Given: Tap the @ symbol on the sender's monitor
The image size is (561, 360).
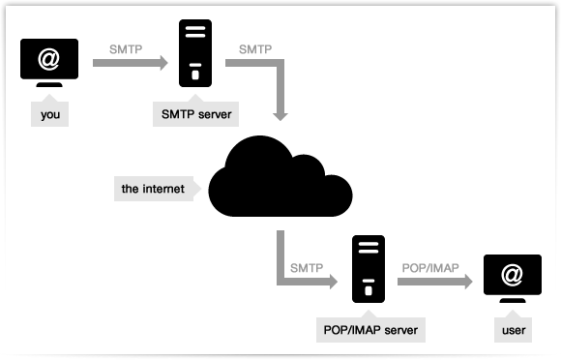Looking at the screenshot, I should tap(49, 60).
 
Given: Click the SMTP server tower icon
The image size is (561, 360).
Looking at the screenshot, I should tap(195, 54).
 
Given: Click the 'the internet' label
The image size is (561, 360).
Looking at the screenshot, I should tap(154, 187).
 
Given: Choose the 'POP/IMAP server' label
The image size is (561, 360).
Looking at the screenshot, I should tap(367, 330).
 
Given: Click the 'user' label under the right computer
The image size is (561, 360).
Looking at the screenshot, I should tap(513, 331).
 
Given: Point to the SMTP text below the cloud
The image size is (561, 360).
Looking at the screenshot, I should tap(307, 266).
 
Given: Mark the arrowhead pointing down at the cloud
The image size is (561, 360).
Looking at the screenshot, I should tap(280, 114).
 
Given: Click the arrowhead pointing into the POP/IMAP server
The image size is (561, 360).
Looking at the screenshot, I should tap(333, 282).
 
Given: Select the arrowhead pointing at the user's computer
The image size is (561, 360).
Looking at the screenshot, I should tap(469, 282).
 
